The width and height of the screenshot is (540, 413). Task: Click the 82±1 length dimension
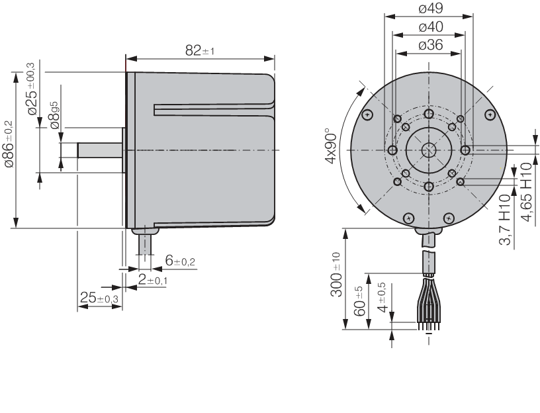point(199,51)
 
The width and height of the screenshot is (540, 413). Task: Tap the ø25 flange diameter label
point(31,91)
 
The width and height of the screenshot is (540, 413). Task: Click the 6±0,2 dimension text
point(180,261)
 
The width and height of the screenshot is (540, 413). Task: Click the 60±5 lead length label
point(361,300)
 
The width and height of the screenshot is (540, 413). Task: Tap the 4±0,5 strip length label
point(381,297)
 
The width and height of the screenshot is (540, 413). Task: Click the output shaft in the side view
point(99,150)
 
